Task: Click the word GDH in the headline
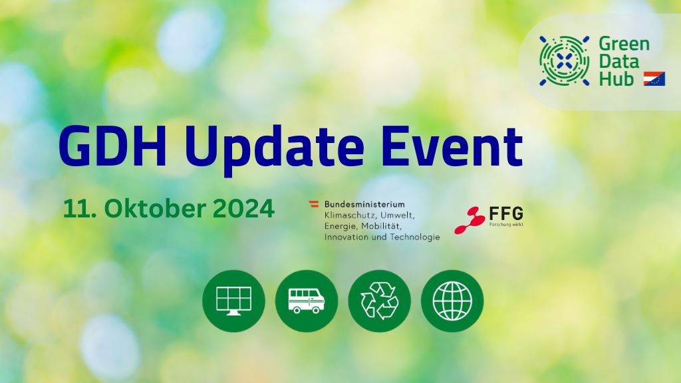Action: (113, 146)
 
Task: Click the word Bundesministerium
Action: (364, 204)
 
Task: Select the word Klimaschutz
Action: (350, 215)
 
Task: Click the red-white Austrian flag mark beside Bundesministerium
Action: (314, 203)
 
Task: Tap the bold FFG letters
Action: (506, 213)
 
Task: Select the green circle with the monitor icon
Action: (233, 301)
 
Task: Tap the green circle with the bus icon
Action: (307, 301)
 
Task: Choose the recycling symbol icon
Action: (379, 301)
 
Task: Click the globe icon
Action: (452, 301)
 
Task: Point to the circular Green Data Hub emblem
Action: (564, 61)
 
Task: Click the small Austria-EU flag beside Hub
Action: (654, 78)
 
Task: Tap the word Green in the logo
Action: (624, 44)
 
